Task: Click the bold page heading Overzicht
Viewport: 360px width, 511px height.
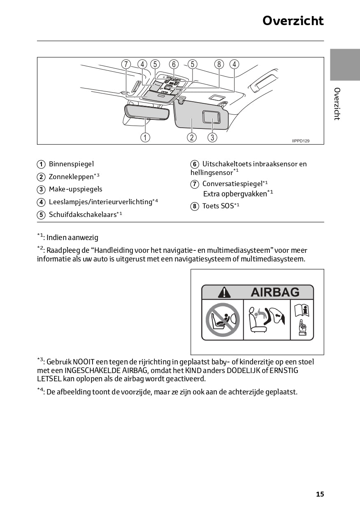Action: click(293, 21)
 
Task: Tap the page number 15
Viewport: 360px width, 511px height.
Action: click(320, 494)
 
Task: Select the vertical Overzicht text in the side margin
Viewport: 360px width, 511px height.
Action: click(337, 104)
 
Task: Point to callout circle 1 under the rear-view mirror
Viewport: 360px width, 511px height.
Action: click(145, 138)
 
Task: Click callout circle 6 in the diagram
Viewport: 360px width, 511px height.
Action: click(174, 64)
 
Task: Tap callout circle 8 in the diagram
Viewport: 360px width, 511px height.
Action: click(219, 64)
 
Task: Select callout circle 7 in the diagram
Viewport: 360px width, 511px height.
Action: click(126, 64)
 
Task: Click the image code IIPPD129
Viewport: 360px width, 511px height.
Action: click(301, 141)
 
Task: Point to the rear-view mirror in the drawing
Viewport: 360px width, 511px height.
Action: click(147, 112)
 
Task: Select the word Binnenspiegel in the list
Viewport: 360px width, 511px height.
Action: click(71, 164)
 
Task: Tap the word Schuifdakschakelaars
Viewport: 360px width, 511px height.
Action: click(82, 215)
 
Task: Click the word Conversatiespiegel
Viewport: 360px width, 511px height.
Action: click(232, 184)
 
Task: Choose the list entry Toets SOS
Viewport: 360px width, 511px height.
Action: click(218, 206)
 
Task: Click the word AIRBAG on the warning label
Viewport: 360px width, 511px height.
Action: click(275, 292)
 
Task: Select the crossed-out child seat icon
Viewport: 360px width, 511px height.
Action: click(222, 320)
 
